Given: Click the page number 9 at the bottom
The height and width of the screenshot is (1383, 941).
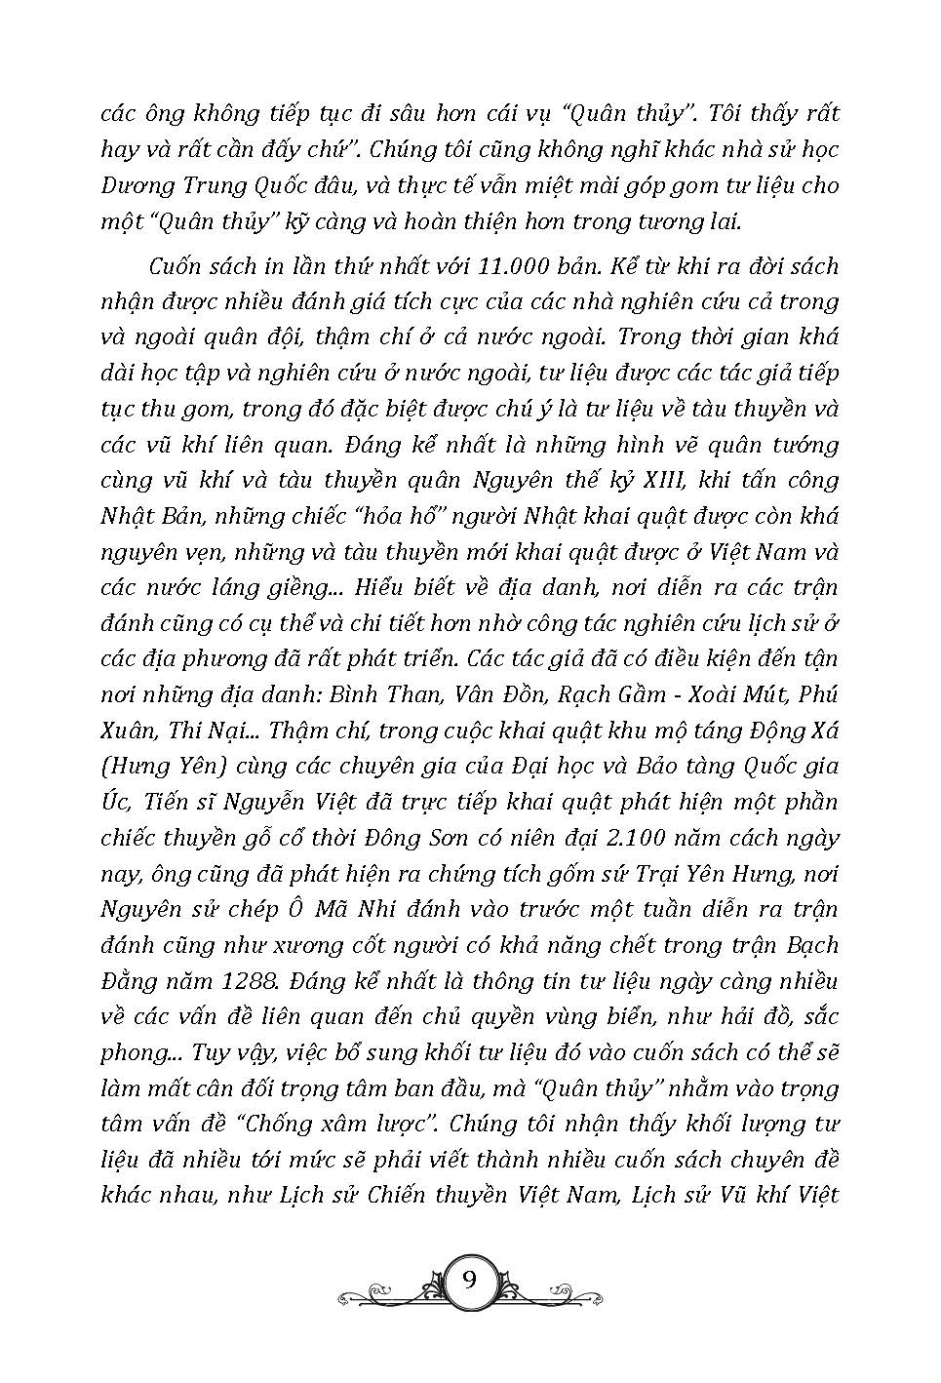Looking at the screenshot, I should point(469,1280).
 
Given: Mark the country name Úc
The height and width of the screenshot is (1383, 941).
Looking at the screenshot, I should point(113,803).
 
